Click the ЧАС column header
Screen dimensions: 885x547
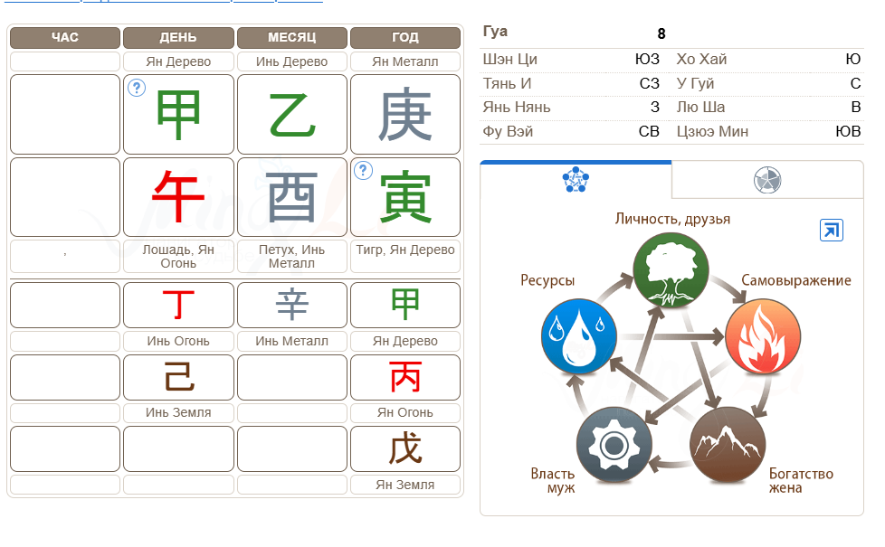pyautogui.click(x=65, y=38)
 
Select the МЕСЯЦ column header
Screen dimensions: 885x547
pyautogui.click(x=291, y=38)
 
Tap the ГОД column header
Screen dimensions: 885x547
pyautogui.click(x=405, y=38)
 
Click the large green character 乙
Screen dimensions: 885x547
pyautogui.click(x=291, y=116)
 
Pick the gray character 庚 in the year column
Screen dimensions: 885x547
pyautogui.click(x=405, y=116)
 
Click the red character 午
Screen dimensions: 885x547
pyautogui.click(x=178, y=197)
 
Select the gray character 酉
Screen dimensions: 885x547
pyautogui.click(x=291, y=197)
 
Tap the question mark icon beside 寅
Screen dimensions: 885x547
pyautogui.click(x=363, y=170)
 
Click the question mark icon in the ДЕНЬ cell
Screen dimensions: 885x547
pyautogui.click(x=137, y=88)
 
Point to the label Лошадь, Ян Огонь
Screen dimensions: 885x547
pyautogui.click(x=178, y=257)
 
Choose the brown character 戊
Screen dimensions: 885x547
pyautogui.click(x=405, y=448)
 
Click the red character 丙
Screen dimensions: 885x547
pyautogui.click(x=405, y=377)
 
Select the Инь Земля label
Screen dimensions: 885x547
pyautogui.click(x=178, y=413)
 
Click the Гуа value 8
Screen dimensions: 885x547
pyautogui.click(x=661, y=33)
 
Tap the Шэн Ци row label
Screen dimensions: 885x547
pyautogui.click(x=509, y=59)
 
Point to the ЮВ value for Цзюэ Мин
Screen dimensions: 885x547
pyautogui.click(x=848, y=131)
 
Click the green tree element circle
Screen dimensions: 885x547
pyautogui.click(x=671, y=270)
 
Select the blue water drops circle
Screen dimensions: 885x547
pyautogui.click(x=578, y=336)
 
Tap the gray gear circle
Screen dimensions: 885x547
pyautogui.click(x=614, y=445)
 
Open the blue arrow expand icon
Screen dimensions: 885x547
pyautogui.click(x=832, y=230)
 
